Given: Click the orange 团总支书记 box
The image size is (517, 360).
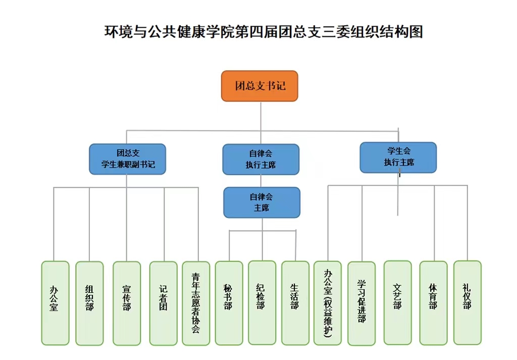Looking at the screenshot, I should [x=260, y=86].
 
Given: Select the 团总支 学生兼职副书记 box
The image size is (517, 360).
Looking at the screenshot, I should [x=127, y=159].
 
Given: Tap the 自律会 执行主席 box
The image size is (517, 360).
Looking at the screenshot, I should [x=261, y=159].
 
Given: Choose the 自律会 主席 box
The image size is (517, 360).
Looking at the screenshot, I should [x=262, y=202].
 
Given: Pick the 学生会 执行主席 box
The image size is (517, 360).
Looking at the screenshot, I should [x=398, y=157].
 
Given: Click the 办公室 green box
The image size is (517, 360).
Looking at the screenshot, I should [x=55, y=302].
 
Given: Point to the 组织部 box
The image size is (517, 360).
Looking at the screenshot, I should [x=89, y=302].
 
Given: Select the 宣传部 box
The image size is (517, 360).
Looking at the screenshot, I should [x=127, y=303].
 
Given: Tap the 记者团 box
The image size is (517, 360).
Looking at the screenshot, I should [x=163, y=302].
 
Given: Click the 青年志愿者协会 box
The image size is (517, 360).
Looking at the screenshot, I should [x=196, y=303].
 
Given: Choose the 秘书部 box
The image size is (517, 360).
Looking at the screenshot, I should [x=228, y=302].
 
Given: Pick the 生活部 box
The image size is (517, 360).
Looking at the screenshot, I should [x=295, y=302].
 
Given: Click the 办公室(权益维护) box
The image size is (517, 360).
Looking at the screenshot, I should [x=327, y=303].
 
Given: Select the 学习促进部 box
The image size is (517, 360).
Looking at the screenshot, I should [x=361, y=303].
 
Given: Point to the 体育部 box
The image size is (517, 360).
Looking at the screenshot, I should [x=433, y=302].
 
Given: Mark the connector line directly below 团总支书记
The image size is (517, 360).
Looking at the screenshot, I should [x=261, y=116].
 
